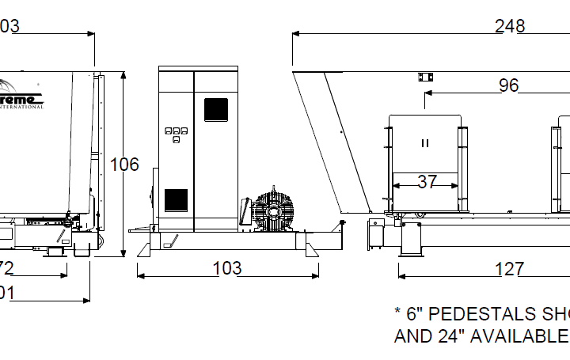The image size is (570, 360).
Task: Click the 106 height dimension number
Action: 124,165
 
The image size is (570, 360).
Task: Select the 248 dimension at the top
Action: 510,26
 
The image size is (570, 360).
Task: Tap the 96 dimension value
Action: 508,85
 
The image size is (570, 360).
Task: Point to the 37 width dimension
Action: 427,182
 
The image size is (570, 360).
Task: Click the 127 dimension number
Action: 508,270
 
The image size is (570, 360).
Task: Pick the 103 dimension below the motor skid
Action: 227,268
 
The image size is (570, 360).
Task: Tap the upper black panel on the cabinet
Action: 215,109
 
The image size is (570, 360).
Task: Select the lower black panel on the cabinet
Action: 176,200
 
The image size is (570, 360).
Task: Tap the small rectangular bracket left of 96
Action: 426,77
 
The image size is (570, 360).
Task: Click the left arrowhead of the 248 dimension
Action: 295,34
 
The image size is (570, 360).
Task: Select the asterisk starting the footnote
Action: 398,313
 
